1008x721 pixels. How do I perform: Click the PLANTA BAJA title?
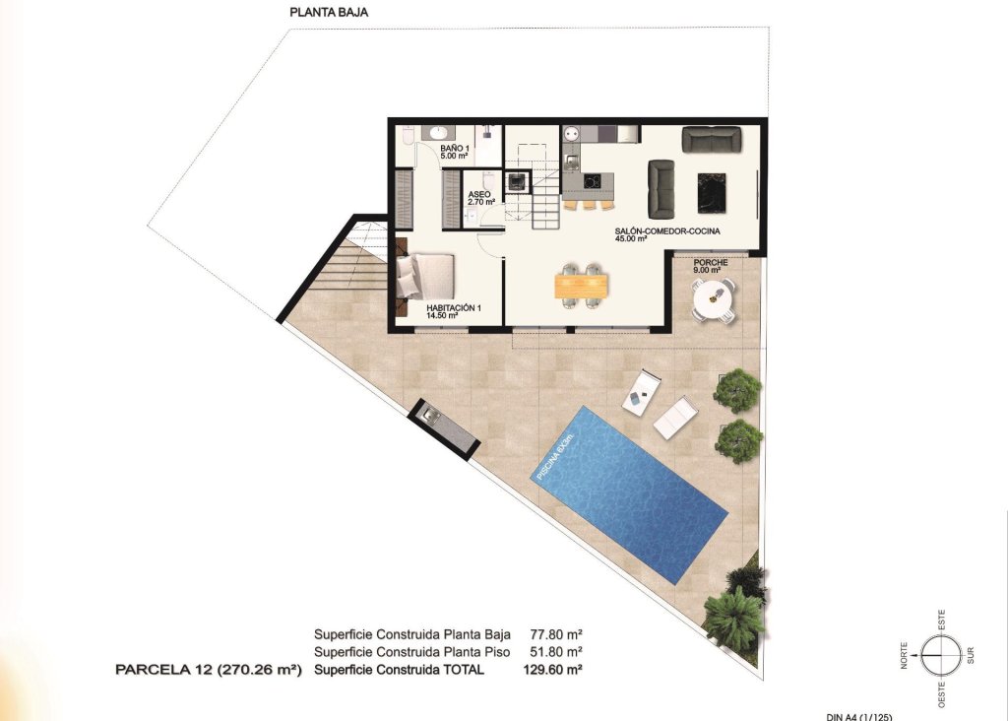[x=329, y=13]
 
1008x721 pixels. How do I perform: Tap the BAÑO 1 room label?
[x=454, y=152]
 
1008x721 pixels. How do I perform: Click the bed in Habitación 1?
[x=425, y=276]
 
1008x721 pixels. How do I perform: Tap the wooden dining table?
[x=582, y=285]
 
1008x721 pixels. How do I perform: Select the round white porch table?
[x=713, y=297]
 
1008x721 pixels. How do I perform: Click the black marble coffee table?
[x=712, y=192]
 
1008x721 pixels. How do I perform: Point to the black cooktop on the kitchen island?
[x=592, y=181]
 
